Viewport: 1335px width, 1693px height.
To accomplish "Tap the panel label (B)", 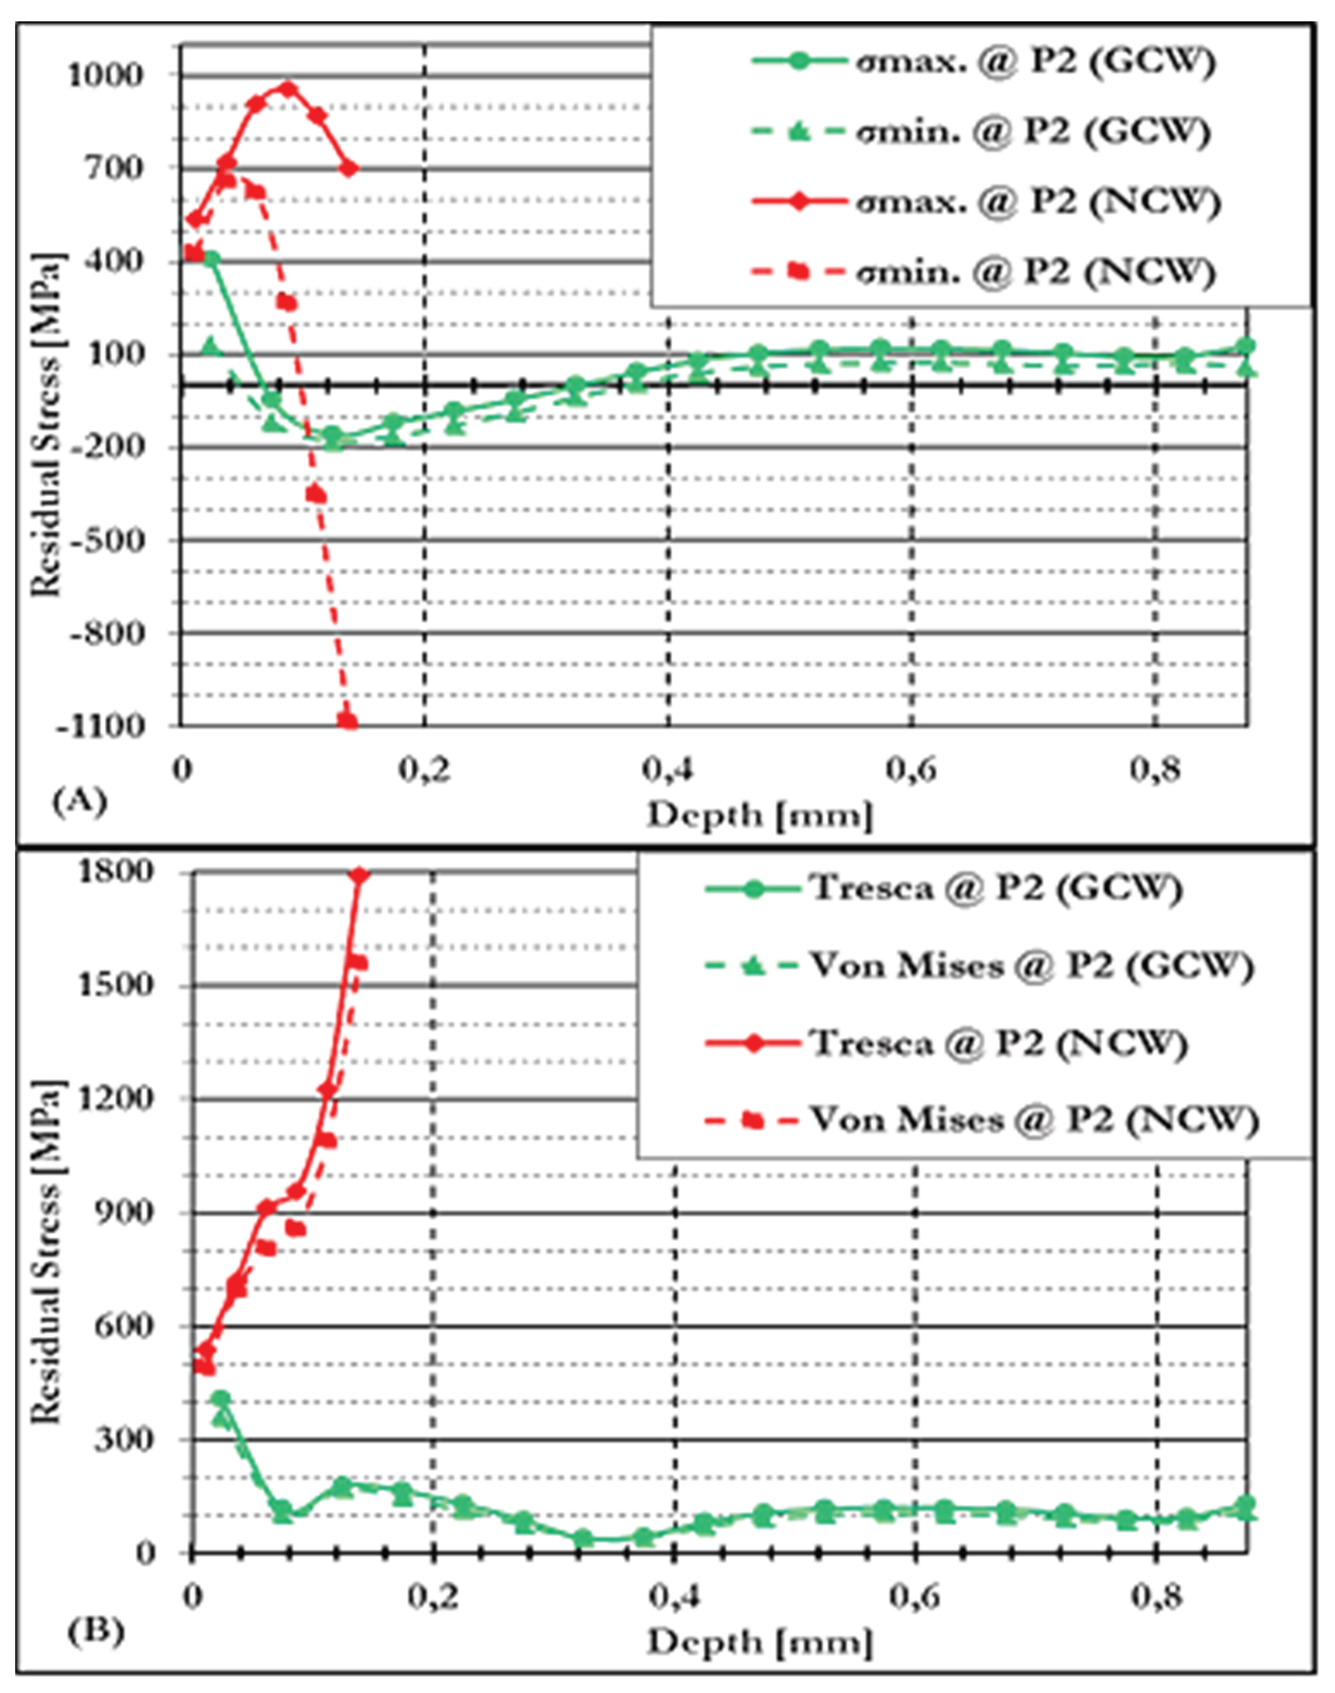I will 96,1633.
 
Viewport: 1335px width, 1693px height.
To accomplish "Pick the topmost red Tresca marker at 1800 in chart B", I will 359,875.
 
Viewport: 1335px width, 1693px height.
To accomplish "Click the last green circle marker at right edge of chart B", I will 1247,1505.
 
